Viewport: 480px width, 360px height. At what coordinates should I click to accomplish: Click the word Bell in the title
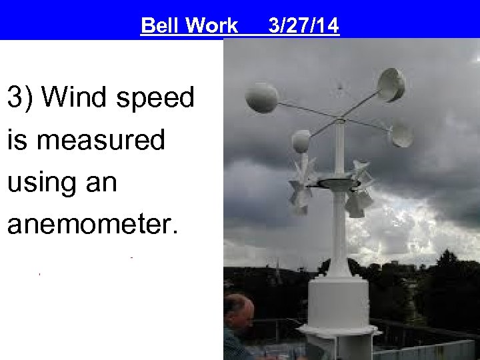click(160, 26)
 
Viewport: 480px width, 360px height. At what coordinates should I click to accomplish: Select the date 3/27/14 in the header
click(303, 26)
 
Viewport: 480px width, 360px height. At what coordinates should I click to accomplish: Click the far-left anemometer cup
click(261, 97)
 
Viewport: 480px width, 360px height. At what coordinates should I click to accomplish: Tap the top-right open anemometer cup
click(391, 84)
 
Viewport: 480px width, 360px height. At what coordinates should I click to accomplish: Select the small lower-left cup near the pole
click(301, 141)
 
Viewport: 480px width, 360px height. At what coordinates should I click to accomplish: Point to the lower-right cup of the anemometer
click(401, 135)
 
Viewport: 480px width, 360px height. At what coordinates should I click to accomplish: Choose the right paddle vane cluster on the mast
click(361, 189)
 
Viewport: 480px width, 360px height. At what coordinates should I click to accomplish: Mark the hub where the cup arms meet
click(340, 121)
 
